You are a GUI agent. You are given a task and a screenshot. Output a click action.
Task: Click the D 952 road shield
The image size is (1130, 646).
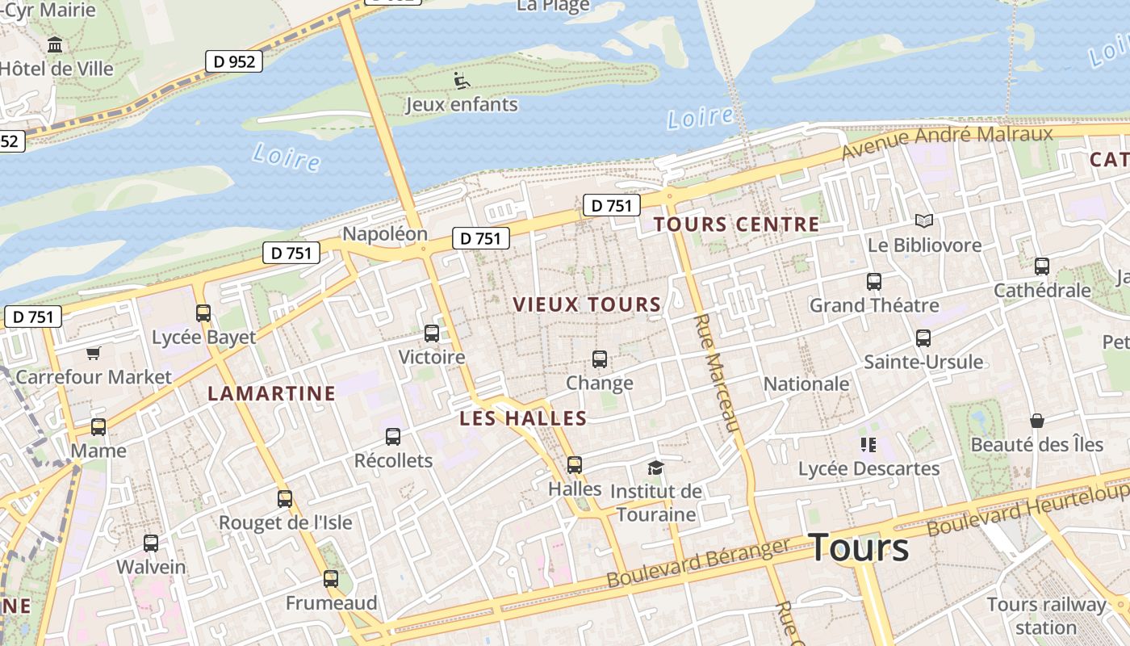tap(234, 61)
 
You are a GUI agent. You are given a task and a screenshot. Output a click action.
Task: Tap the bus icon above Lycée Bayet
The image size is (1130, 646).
tap(203, 313)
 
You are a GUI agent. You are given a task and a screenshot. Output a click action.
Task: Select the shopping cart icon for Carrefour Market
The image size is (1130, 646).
tap(94, 353)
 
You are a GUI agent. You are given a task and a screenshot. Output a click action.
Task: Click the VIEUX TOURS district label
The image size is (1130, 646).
tap(587, 304)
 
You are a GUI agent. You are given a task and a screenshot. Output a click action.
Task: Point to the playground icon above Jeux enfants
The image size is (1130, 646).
tap(461, 81)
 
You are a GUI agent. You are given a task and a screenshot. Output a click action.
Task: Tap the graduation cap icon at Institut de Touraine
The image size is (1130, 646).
tap(655, 468)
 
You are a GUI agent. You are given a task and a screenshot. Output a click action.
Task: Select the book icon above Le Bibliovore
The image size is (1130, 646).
tap(923, 220)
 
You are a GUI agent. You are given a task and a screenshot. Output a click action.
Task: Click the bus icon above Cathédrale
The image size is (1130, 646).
tap(1042, 266)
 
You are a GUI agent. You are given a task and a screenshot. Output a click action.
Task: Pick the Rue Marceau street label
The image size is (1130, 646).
tap(716, 373)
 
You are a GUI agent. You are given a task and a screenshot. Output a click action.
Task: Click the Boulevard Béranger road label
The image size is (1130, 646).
tap(698, 563)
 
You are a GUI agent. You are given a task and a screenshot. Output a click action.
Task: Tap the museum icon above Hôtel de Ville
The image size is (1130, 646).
tap(55, 45)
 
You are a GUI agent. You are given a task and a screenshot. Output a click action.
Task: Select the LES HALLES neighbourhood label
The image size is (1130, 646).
tap(523, 418)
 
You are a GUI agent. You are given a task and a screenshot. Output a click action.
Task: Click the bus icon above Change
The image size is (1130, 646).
tap(599, 359)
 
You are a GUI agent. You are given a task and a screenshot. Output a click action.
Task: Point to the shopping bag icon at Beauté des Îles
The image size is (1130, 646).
tap(1036, 421)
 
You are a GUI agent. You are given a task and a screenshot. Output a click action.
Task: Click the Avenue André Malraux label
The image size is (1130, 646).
tap(947, 142)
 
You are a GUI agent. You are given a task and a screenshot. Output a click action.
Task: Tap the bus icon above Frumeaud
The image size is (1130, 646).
tap(330, 578)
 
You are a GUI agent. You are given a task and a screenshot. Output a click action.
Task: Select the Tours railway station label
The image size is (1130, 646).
tap(1046, 615)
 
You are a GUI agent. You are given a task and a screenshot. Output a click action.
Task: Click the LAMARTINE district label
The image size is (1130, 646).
tap(271, 394)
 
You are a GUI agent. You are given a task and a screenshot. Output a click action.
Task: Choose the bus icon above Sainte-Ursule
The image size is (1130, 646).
tap(923, 338)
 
